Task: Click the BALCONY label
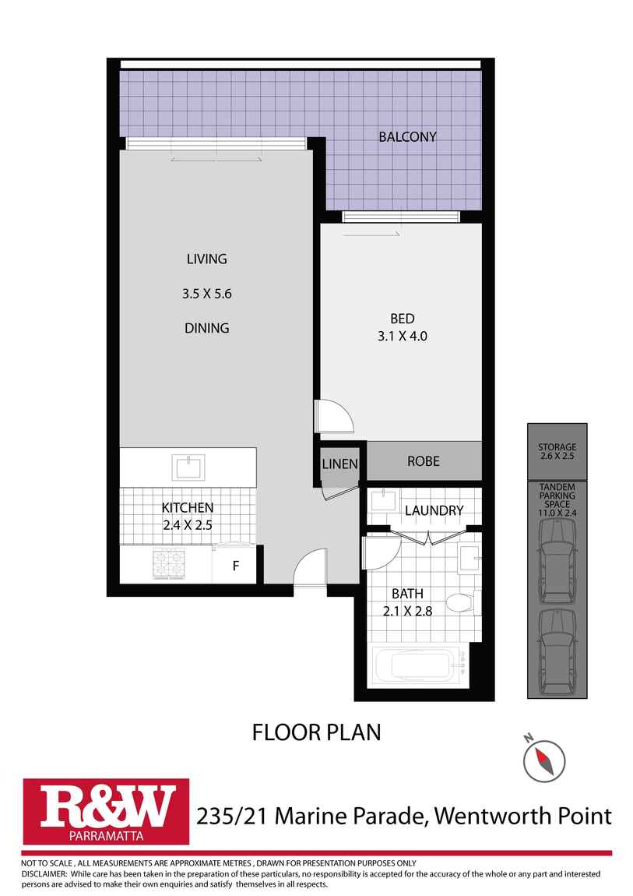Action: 407,137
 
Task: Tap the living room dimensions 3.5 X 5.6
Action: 206,294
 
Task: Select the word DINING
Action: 206,328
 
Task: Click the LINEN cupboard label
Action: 339,464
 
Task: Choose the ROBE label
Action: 423,461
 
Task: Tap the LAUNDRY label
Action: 434,511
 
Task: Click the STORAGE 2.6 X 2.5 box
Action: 557,451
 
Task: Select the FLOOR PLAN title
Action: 316,732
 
